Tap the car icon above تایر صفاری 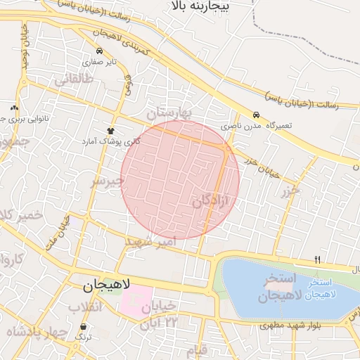[100, 51]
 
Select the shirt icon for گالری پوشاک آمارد [110, 131]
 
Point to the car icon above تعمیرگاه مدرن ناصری [257, 115]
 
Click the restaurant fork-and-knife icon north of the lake [317, 260]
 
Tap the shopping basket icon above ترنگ [84, 327]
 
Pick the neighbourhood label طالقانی [74, 80]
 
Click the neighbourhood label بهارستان [169, 112]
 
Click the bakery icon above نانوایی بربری [15, 108]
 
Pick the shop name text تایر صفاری [99, 61]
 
